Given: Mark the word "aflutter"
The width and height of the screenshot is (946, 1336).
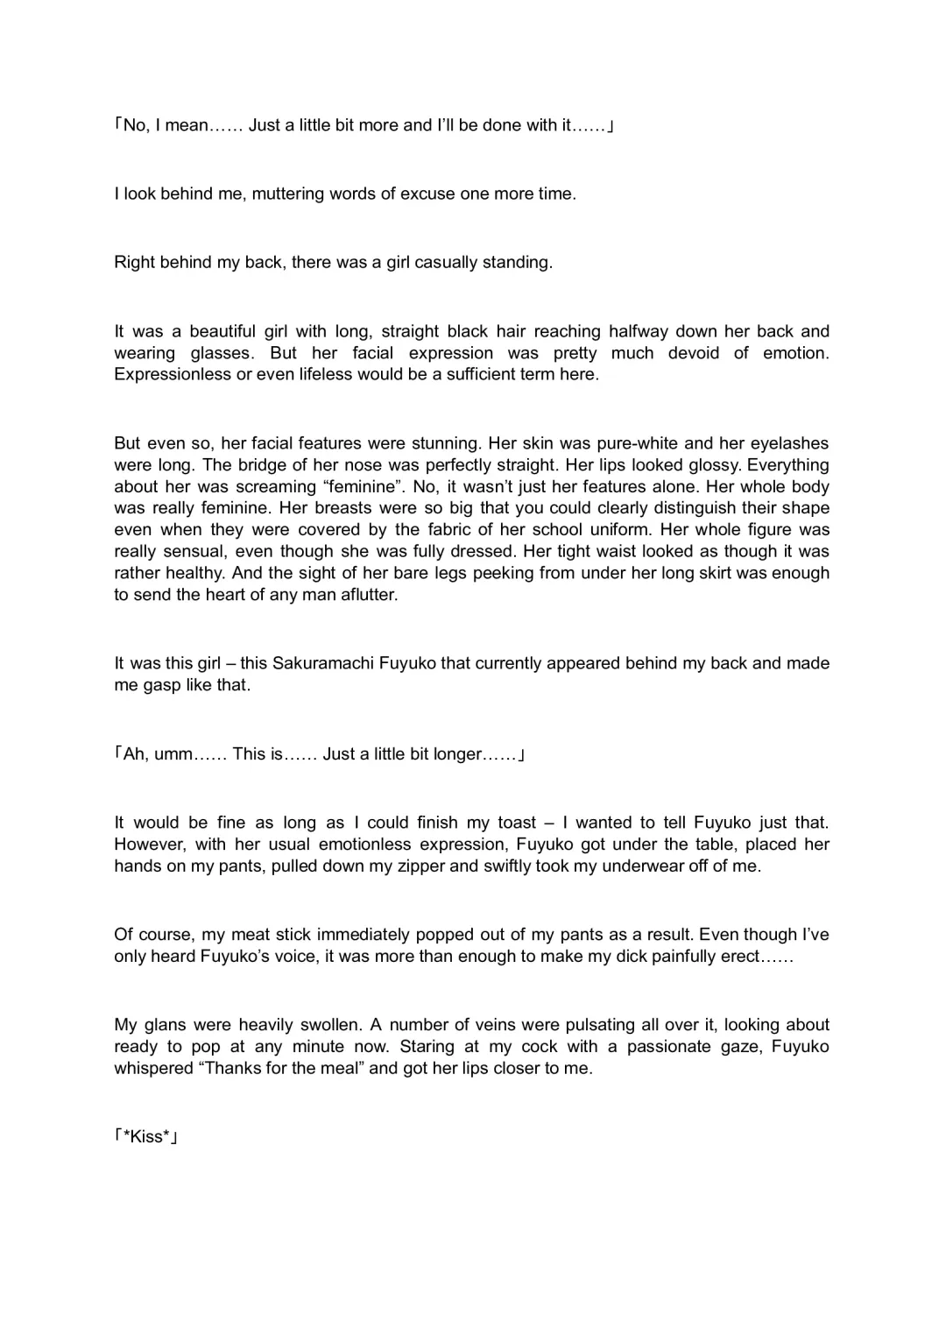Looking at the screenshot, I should [364, 595].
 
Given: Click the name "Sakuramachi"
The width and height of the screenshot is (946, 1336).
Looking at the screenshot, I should [323, 663].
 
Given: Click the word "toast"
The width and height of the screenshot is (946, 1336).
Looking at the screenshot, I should [517, 823].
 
